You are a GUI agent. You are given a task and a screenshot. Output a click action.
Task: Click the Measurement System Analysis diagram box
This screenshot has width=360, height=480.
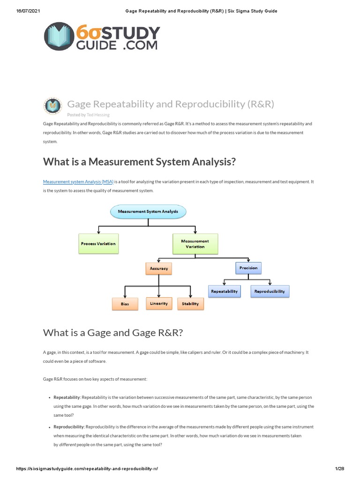coord(148,211)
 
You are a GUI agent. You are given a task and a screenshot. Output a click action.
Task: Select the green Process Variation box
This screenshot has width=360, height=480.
coord(98,244)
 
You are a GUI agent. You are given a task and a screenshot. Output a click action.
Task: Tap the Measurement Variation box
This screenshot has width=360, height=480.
coord(195,244)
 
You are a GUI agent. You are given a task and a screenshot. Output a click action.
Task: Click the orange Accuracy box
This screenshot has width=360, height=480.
coord(159,269)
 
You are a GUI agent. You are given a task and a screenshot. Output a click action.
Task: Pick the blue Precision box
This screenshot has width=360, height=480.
coord(248,268)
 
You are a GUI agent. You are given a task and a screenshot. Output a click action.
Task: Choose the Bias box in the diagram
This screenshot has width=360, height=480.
coord(125,304)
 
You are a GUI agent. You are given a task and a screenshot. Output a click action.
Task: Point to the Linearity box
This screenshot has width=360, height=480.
coord(159,303)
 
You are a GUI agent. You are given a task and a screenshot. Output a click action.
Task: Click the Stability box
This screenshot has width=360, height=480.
coord(190,304)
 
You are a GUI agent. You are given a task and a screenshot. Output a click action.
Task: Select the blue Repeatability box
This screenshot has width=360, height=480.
coord(225,291)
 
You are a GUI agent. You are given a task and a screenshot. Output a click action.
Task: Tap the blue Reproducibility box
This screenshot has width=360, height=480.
coord(270,291)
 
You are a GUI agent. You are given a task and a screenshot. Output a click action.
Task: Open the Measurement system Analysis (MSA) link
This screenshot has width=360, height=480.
coord(78,181)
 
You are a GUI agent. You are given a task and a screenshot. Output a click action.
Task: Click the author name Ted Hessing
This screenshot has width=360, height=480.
coord(98,114)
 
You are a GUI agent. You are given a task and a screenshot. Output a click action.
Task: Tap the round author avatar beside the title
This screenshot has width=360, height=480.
coord(52,106)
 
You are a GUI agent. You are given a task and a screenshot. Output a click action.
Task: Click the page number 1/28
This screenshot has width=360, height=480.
coord(339,469)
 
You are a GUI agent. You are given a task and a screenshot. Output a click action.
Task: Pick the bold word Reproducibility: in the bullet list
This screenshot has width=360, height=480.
coord(69,427)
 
